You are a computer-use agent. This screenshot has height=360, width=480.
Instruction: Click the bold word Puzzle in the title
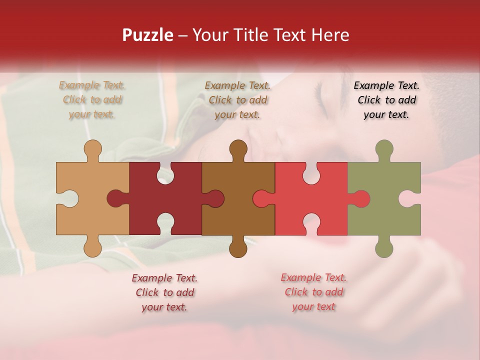coord(148,35)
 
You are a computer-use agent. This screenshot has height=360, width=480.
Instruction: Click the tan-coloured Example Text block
coord(92,99)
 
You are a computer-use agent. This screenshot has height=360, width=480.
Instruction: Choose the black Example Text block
coord(386,99)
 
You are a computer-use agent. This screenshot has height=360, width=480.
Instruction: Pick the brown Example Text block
coord(237,99)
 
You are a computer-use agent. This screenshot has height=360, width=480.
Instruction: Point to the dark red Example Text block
coord(164,292)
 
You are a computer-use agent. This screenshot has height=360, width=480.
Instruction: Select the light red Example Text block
coord(313,292)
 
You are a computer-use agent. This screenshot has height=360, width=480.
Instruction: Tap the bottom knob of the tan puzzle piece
coord(92,247)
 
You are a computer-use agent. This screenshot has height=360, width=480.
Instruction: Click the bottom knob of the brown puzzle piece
coord(238,247)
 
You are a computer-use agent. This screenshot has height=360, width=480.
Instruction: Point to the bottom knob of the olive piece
coord(384,247)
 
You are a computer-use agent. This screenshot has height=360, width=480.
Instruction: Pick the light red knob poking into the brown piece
coord(262,198)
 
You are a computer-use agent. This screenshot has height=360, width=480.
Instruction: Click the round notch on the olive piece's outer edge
coord(410,198)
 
